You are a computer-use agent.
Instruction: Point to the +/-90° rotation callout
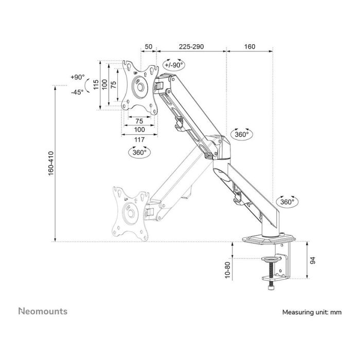pyautogui.click(x=173, y=65)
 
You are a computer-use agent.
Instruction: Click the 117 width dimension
pyautogui.click(x=138, y=139)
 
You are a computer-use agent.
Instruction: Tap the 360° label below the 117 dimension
pyautogui.click(x=139, y=152)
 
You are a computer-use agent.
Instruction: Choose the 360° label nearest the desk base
pyautogui.click(x=287, y=202)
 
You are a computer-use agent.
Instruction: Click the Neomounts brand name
pyautogui.click(x=43, y=311)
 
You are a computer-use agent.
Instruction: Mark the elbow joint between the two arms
pyautogui.click(x=216, y=146)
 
